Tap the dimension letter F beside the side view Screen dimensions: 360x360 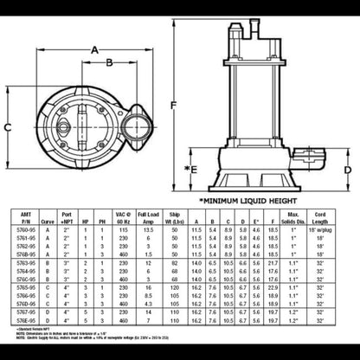174,106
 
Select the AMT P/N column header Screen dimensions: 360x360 26,215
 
